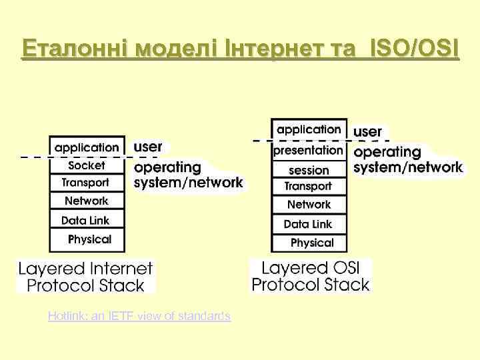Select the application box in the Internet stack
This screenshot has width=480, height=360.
pos(87,147)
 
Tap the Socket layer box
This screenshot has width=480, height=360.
pos(87,165)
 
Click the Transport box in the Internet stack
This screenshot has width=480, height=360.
pos(87,182)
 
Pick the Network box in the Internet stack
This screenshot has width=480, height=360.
pos(87,200)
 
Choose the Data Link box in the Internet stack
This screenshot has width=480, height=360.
pos(87,219)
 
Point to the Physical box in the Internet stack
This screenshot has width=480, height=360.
pos(87,239)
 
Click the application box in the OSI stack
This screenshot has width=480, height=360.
pos(309,129)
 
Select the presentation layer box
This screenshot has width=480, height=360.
pos(309,151)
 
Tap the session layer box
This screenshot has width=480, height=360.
pos(309,170)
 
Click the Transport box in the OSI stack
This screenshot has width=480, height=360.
pos(309,187)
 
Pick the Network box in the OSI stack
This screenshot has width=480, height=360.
pos(309,205)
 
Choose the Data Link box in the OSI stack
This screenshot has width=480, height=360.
pos(309,224)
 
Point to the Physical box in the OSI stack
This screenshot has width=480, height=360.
pos(309,243)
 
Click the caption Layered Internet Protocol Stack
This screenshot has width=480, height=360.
pos(85,277)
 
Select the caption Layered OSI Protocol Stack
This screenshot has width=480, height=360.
pos(310,277)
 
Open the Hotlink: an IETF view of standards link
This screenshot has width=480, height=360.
pos(139,316)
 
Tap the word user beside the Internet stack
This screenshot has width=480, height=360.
pos(149,146)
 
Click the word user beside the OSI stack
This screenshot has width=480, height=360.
pos(367,132)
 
